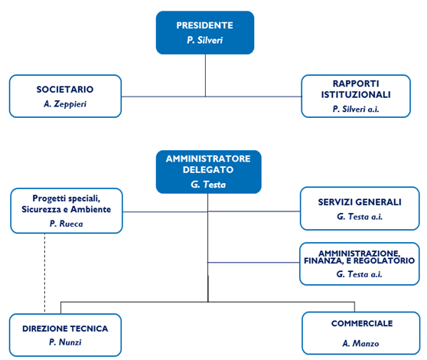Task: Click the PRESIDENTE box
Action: coord(205,33)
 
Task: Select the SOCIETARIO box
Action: coord(65,97)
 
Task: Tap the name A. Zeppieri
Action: coord(65,104)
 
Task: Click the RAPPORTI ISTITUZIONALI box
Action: coord(356,97)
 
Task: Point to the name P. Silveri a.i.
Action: coord(356,109)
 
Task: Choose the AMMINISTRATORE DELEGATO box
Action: coord(209,172)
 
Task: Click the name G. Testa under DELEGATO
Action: coord(208,185)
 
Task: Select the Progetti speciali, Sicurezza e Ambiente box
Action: coord(67,211)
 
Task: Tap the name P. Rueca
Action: coord(66,224)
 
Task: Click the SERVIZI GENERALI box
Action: coord(360,208)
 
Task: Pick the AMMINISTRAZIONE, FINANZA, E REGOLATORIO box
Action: coord(360,263)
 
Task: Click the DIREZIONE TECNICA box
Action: coord(65,335)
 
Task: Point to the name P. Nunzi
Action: coord(65,342)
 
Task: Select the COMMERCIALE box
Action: coord(361,333)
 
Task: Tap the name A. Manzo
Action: coord(360,343)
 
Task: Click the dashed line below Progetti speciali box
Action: coord(45,273)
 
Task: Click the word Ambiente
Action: coord(91,209)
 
